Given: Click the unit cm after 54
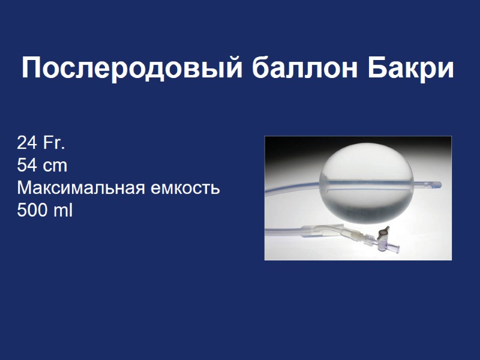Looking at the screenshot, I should [x=55, y=166].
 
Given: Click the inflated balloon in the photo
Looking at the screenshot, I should [x=367, y=168].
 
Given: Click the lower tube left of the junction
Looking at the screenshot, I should [x=282, y=232].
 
